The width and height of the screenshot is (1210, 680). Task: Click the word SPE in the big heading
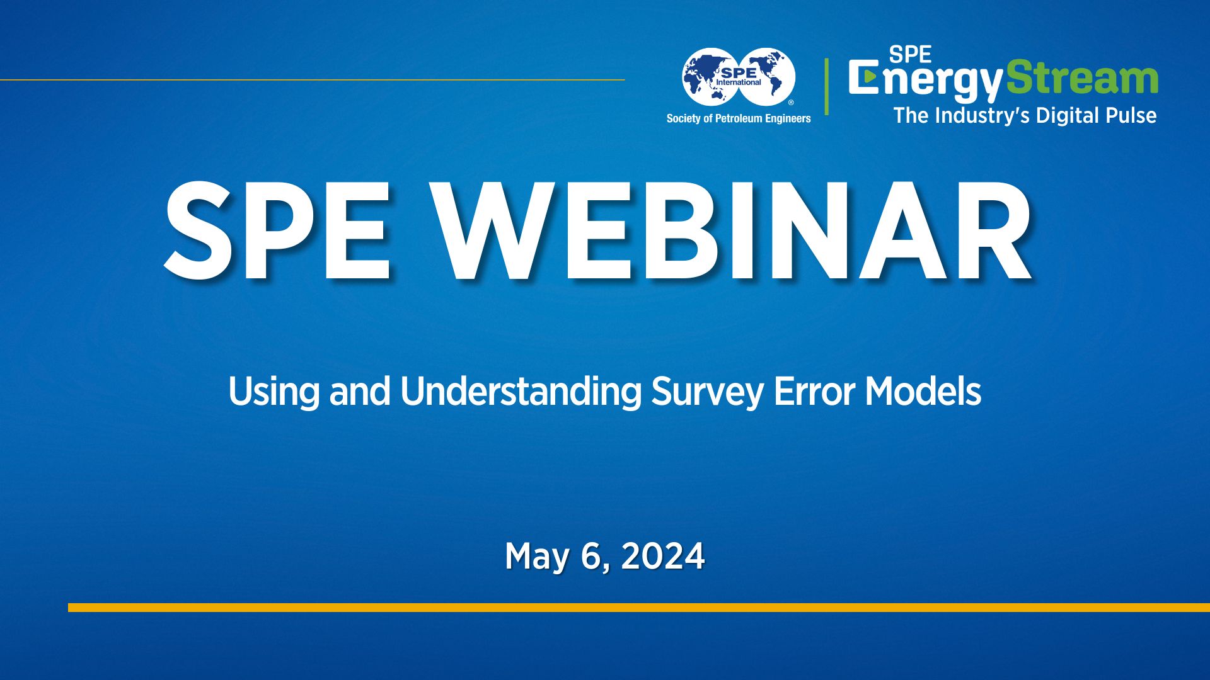[x=278, y=231]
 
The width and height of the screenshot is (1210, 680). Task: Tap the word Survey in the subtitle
[x=707, y=392]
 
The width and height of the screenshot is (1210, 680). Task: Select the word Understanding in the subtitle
[x=521, y=392]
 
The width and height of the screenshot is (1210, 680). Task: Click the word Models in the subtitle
[x=923, y=392]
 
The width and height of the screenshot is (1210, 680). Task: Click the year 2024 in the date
[x=663, y=557]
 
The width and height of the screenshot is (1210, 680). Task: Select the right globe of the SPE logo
[x=768, y=77]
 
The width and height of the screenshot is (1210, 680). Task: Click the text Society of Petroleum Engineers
[x=739, y=118]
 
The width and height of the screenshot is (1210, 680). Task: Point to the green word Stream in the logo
[x=1082, y=79]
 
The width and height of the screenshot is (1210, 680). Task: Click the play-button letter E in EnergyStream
[x=864, y=77]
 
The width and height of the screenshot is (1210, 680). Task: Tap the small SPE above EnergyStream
[x=910, y=55]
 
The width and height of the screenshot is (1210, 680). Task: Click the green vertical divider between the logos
[x=826, y=86]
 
